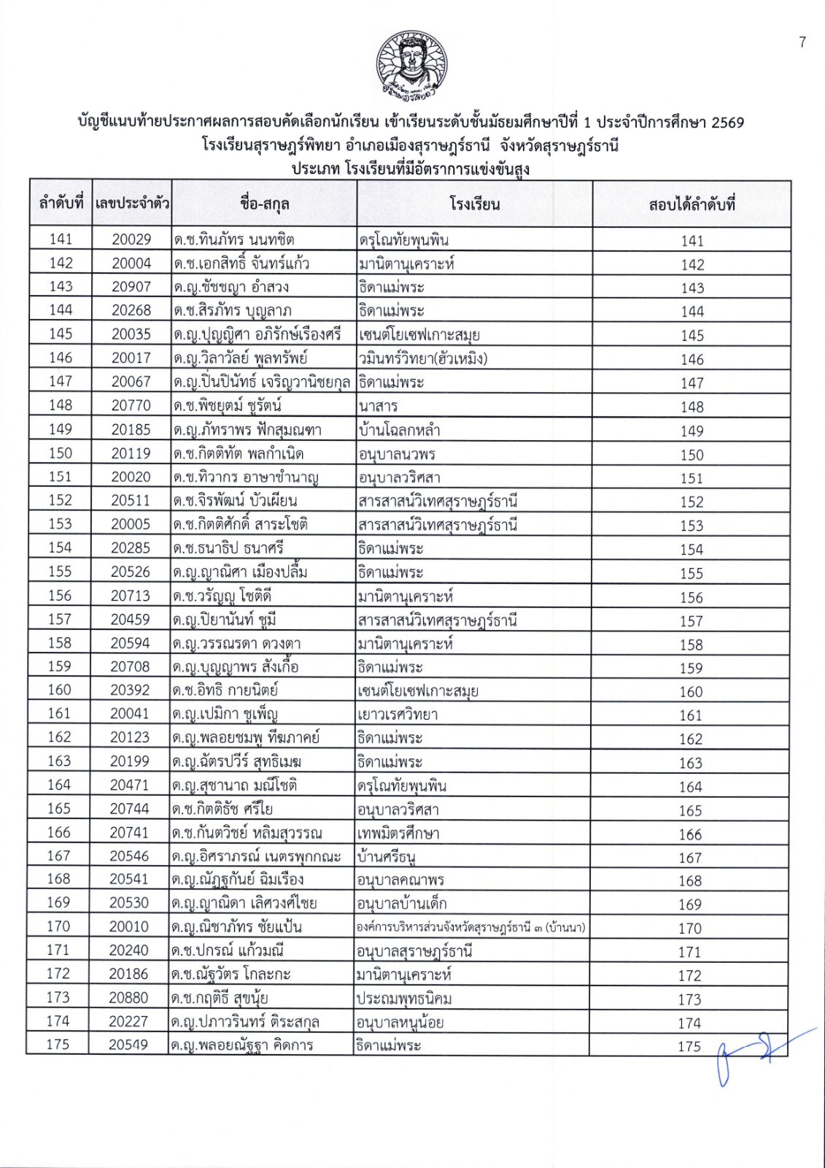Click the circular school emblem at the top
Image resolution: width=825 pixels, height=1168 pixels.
pos(411,66)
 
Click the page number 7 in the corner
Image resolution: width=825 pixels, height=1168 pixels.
pos(802,42)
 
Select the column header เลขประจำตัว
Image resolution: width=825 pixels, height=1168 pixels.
pos(131,204)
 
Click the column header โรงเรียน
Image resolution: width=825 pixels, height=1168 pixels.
pos(474,204)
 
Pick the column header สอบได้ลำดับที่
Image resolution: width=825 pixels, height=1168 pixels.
pos(692,204)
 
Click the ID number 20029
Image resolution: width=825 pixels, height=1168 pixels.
pos(131,239)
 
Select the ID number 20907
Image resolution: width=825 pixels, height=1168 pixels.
pos(131,287)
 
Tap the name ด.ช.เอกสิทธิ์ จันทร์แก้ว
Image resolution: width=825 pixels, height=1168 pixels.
pos(241,264)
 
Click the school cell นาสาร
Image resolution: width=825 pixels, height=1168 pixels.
pos(379,406)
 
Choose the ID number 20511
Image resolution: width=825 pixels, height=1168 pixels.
pos(131,501)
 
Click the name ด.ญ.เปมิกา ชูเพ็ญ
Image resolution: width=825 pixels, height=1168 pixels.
pos(225,714)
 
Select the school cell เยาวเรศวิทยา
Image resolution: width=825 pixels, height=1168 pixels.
pos(398,714)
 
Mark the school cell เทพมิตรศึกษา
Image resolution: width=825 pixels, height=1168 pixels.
pos(398,833)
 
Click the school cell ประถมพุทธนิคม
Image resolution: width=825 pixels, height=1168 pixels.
pos(404,998)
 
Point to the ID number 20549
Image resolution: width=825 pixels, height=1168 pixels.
pos(129,1045)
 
